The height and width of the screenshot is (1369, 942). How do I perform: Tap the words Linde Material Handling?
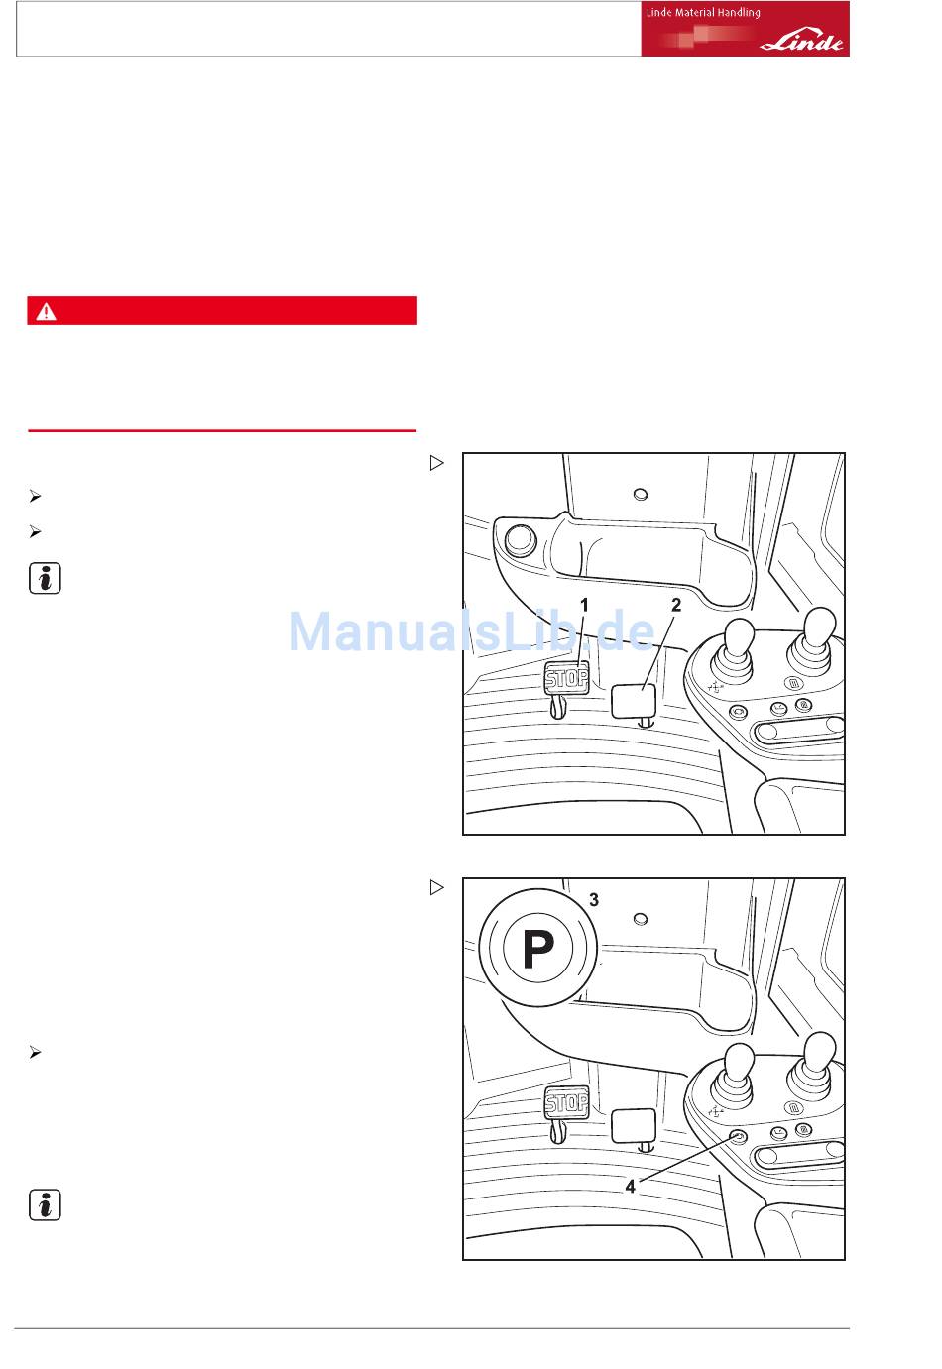(703, 12)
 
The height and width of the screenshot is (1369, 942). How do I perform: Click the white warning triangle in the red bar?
(46, 311)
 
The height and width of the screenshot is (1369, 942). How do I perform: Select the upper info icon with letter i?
(45, 578)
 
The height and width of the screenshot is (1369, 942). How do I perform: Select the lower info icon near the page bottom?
(45, 1204)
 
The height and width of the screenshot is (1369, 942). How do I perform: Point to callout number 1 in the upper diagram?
(584, 605)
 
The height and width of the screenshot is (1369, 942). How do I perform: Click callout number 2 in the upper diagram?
(675, 605)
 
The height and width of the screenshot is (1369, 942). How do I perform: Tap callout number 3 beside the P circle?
(594, 899)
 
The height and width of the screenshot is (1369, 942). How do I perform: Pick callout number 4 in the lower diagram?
(630, 1187)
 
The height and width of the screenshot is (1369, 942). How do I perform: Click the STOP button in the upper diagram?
(566, 678)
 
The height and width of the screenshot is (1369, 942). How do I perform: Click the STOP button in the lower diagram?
(566, 1102)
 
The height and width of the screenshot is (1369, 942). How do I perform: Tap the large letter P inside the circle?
(538, 949)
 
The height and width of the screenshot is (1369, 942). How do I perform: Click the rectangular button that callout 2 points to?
(634, 700)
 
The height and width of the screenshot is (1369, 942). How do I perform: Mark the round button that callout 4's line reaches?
(738, 1136)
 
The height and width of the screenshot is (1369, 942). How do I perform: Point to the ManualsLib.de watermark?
(471, 630)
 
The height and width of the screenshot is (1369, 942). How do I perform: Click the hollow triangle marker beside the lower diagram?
(436, 887)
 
